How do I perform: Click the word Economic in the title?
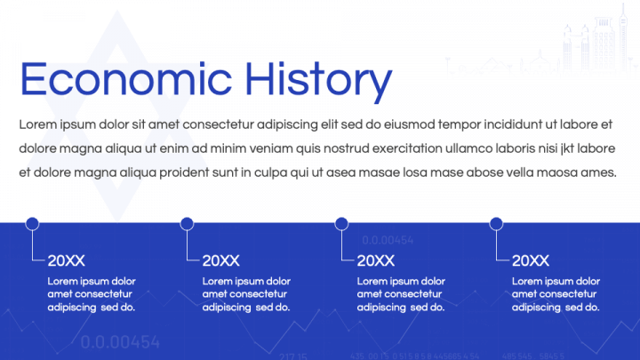126,79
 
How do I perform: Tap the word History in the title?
319,82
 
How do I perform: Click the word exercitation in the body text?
407,148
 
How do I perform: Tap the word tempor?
460,125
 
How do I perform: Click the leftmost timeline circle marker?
32,224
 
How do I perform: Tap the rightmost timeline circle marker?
496,224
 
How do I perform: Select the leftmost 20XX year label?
66,260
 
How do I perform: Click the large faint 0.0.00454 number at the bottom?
120,342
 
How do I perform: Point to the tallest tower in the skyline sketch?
623,36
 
